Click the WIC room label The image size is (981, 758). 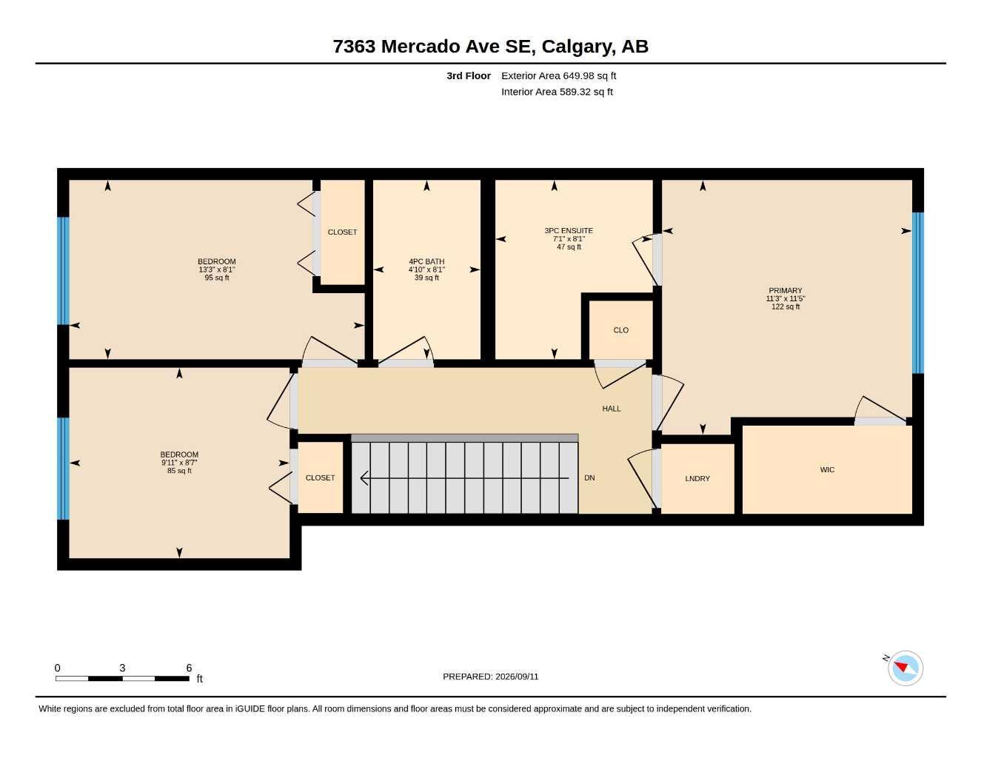click(827, 470)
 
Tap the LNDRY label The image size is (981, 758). click(697, 478)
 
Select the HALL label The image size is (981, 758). click(612, 409)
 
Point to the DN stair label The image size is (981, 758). click(589, 477)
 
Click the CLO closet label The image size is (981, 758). click(620, 330)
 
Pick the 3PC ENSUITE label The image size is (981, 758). click(569, 230)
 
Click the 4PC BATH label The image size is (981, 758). click(426, 261)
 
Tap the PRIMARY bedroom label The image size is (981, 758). click(785, 290)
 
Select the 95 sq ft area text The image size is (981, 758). click(217, 278)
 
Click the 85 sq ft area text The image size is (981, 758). click(179, 471)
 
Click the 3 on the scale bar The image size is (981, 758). click(122, 668)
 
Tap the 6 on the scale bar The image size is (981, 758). click(189, 668)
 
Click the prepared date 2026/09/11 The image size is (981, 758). click(517, 677)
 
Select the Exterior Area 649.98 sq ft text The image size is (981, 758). click(558, 76)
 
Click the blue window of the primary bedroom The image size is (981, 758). click(918, 293)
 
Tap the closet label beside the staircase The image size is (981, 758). click(320, 477)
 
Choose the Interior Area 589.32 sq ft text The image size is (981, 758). click(557, 92)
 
